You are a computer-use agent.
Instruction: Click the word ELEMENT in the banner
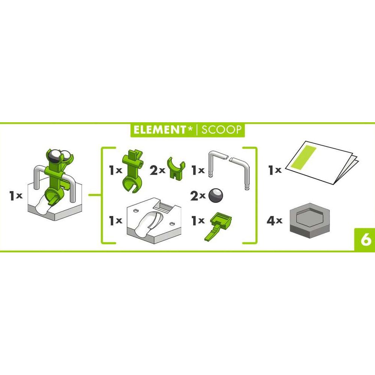point(159,130)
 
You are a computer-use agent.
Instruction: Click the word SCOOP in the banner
point(221,130)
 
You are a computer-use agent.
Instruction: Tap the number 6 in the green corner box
point(366,240)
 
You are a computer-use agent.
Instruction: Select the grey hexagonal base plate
point(310,218)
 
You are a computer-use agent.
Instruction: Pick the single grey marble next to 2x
point(216,196)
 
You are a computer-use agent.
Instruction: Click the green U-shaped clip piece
point(176,167)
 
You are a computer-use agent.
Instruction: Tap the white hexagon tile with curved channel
point(154,217)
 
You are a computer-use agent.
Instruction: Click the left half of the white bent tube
point(216,163)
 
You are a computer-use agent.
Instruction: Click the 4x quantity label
point(274,220)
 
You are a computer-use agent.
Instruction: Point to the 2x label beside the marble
point(198,196)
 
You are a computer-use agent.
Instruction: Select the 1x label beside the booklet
point(275,170)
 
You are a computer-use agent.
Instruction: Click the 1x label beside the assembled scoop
point(16,195)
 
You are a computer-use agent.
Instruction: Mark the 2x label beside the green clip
point(157,170)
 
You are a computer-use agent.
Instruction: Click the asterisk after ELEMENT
point(190,129)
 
